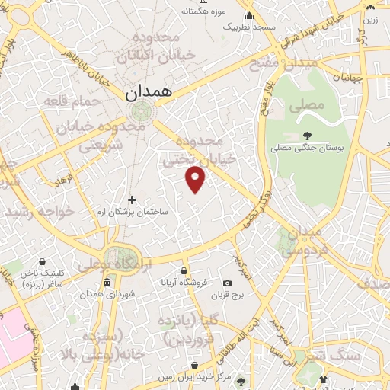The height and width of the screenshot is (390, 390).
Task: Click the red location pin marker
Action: tap(196, 178)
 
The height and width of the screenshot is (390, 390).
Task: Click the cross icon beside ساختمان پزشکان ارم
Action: tap(132, 200)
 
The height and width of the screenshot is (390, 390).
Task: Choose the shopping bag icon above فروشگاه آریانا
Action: tap(184, 270)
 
